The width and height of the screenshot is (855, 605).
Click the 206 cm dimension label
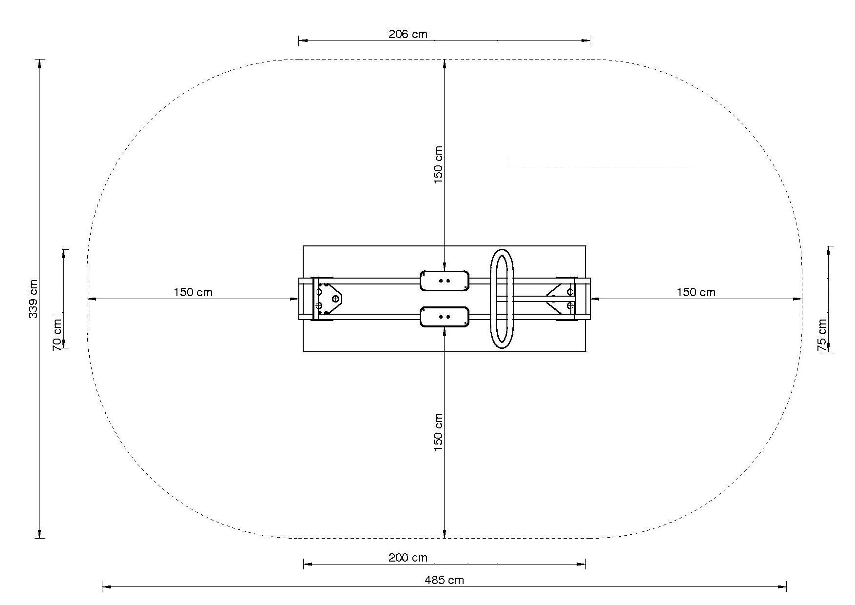pos(408,34)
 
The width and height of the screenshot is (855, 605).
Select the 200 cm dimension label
pos(408,558)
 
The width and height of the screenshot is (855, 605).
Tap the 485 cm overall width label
pos(444,580)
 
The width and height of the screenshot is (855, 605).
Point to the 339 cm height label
pos(34,299)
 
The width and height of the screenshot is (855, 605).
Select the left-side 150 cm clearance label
pos(193,292)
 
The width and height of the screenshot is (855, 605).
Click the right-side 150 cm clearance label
pos(696,292)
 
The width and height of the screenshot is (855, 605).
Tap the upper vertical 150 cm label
pos(438,164)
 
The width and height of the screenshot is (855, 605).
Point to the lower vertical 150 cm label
pos(438,432)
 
